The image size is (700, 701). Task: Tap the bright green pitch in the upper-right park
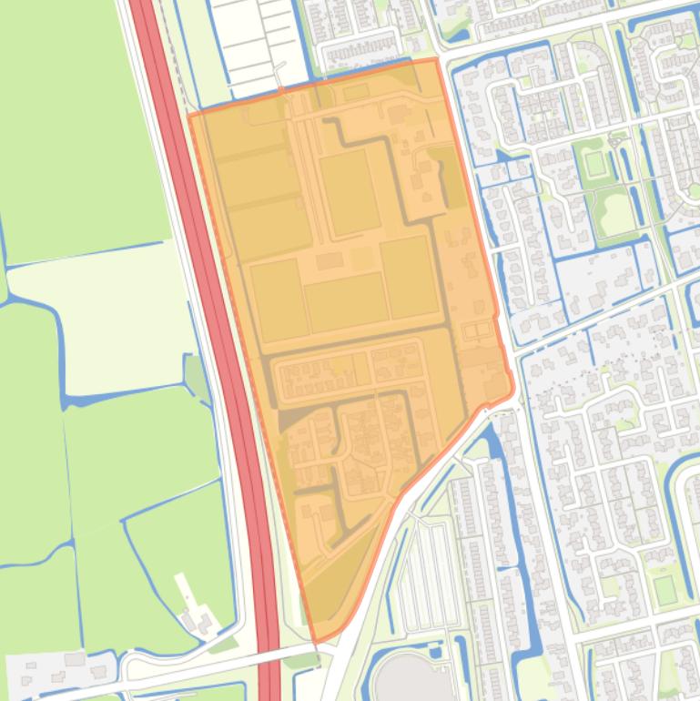click(595, 165)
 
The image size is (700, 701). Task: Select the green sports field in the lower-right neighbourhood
click(665, 591)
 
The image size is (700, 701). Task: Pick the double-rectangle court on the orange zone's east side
click(475, 331)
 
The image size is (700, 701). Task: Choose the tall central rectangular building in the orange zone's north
click(349, 192)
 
